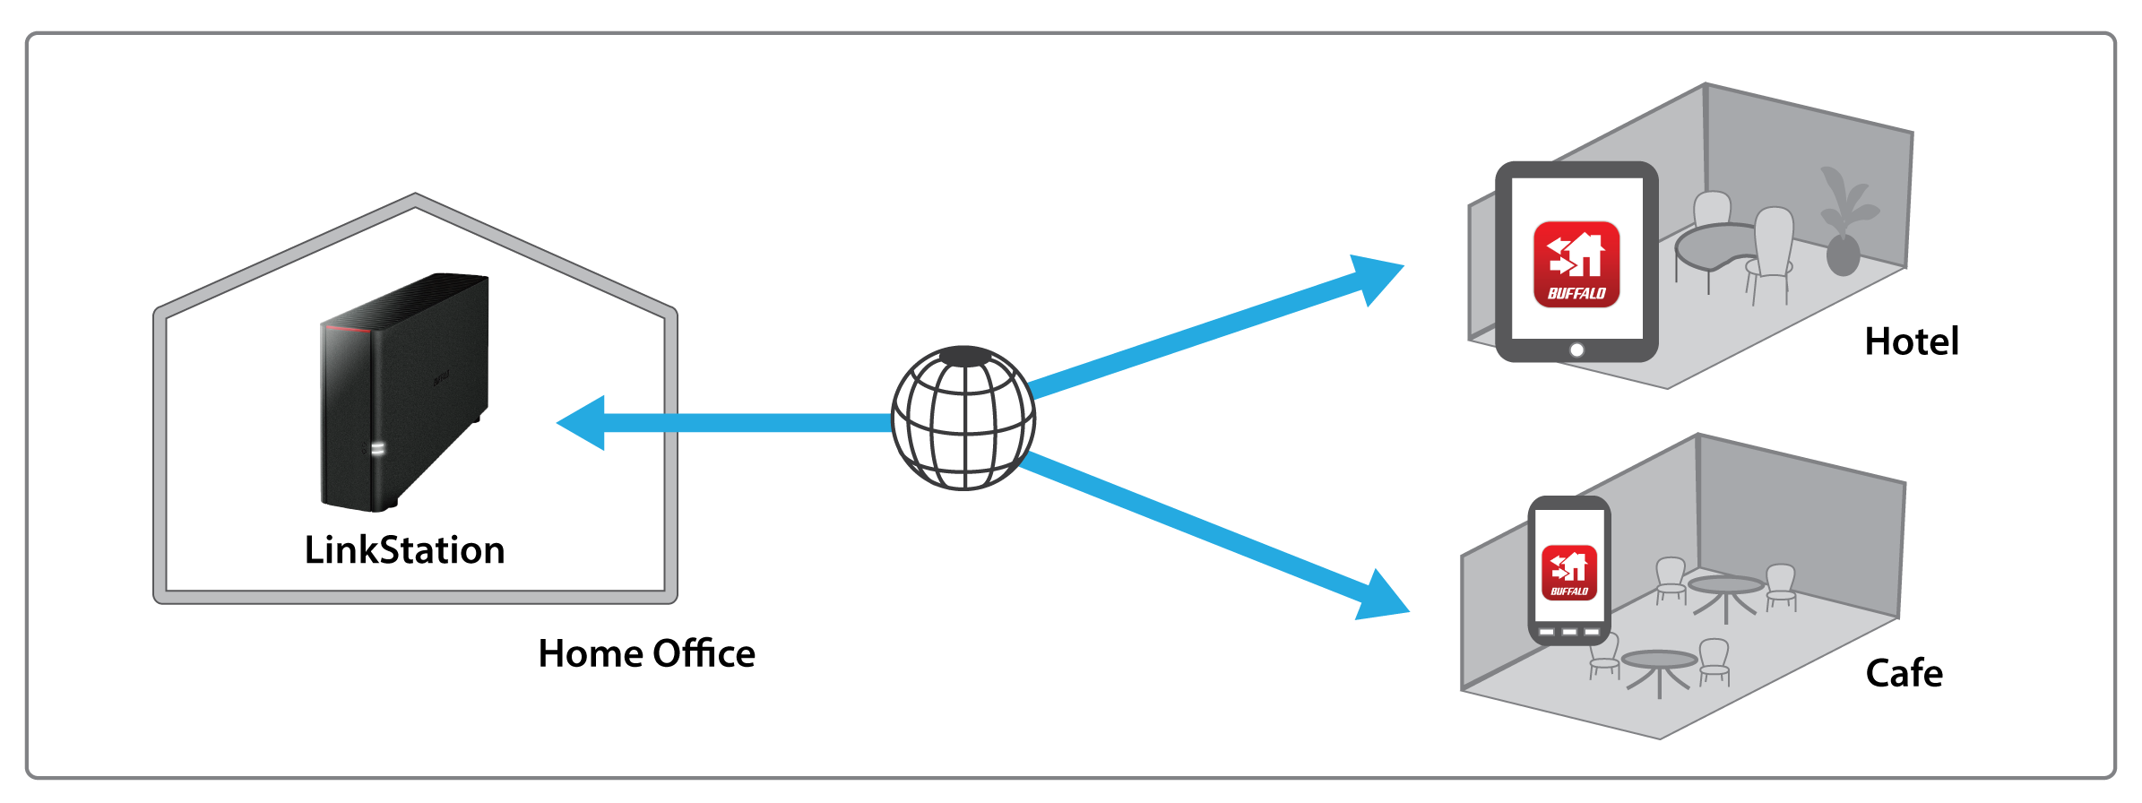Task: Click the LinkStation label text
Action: tap(404, 550)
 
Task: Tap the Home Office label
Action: tap(646, 654)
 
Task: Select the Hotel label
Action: tap(1911, 341)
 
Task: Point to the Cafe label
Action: tap(1904, 673)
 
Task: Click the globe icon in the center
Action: tap(963, 418)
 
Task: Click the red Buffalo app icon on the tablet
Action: tap(1576, 264)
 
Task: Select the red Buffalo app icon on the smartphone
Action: tap(1569, 572)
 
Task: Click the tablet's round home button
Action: tap(1576, 350)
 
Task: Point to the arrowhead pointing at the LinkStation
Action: tap(583, 422)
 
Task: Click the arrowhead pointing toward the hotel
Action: tap(1376, 277)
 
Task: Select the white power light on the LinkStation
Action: tap(377, 448)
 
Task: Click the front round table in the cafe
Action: tap(1659, 661)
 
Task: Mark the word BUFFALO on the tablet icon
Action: tap(1576, 293)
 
